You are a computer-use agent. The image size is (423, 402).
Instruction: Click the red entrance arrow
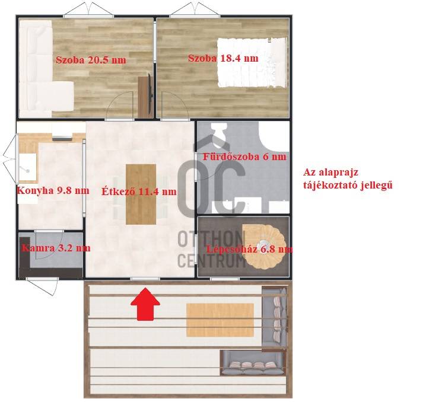pyautogui.click(x=145, y=304)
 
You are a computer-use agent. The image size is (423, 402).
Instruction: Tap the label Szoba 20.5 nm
pyautogui.click(x=91, y=60)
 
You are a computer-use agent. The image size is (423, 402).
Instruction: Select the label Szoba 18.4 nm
pyautogui.click(x=223, y=58)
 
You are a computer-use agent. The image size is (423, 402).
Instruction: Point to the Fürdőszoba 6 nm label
pyautogui.click(x=244, y=157)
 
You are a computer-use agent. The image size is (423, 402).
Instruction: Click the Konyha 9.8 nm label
pyautogui.click(x=53, y=190)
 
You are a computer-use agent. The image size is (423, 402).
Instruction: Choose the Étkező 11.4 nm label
pyautogui.click(x=139, y=192)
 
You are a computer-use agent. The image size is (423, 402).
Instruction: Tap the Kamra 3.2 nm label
pyautogui.click(x=56, y=248)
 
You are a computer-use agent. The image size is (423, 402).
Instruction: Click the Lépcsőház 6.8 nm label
pyautogui.click(x=249, y=249)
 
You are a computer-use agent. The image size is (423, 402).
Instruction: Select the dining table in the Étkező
pyautogui.click(x=141, y=194)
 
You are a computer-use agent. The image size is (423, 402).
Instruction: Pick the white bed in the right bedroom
pyautogui.click(x=252, y=62)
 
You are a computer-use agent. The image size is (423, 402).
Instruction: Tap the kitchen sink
pyautogui.click(x=28, y=167)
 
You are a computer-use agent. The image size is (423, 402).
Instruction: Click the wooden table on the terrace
pyautogui.click(x=220, y=320)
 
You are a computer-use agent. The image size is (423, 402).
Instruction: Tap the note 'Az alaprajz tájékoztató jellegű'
pyautogui.click(x=348, y=178)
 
